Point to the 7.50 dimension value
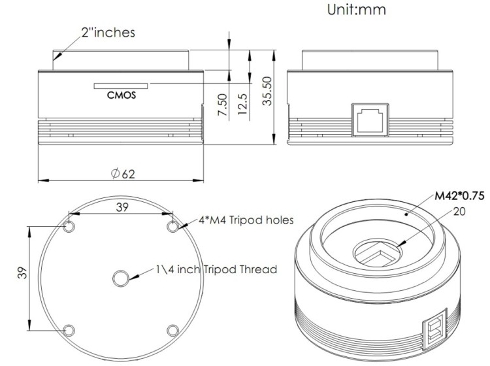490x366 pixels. [x=222, y=104]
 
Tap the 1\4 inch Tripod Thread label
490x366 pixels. [x=216, y=269]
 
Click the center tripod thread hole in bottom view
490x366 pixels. [x=121, y=279]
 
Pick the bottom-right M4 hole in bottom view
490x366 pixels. [x=172, y=329]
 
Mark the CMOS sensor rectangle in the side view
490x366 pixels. [x=122, y=85]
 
